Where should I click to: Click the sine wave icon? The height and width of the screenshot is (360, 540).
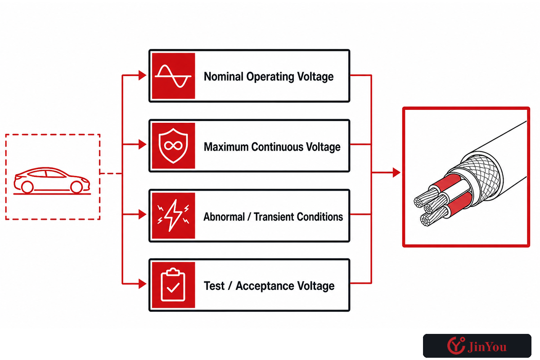point(173,76)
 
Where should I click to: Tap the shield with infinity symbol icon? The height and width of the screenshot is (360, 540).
point(173,146)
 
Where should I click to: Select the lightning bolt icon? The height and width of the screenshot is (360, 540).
point(173,215)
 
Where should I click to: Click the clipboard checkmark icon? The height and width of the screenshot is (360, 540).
point(173,284)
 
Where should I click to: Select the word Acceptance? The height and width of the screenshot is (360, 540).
point(265,286)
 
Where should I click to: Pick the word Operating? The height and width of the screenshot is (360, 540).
point(270,77)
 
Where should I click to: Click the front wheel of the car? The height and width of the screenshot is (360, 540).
point(76,187)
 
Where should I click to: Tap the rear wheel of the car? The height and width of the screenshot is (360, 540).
point(27,187)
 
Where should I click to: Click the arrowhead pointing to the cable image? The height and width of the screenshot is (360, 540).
point(396,173)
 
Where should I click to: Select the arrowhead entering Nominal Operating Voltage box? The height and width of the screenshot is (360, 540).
point(142,76)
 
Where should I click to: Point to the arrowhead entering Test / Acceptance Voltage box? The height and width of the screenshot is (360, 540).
point(142,284)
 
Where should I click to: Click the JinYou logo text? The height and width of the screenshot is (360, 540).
point(487,347)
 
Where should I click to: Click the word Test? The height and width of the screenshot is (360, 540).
point(214,286)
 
